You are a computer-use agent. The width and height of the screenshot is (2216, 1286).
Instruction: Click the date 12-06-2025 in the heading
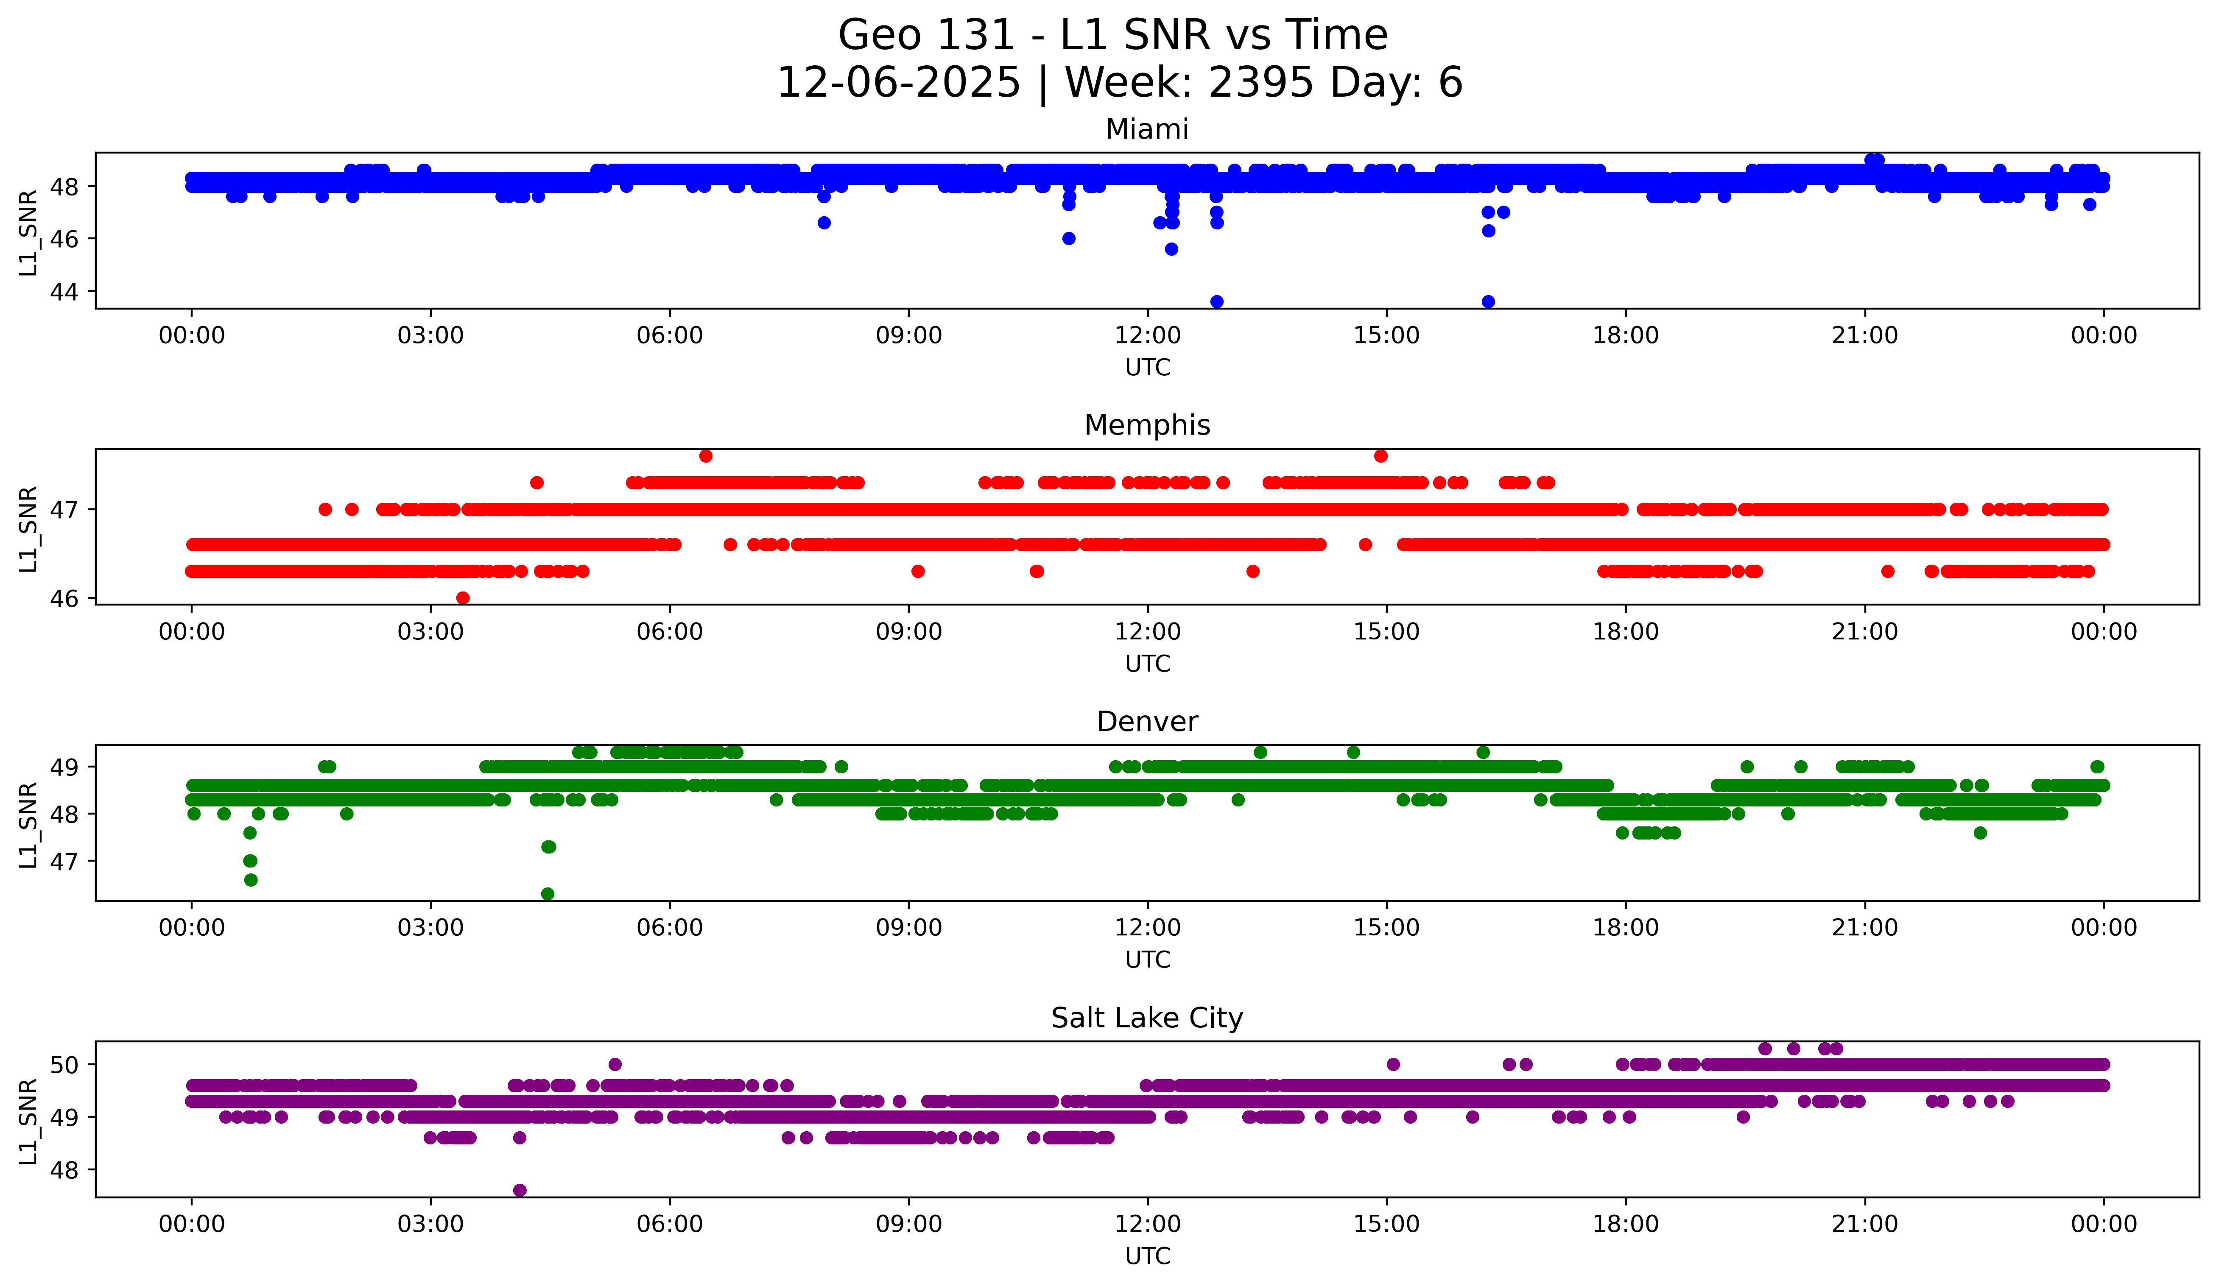(x=899, y=83)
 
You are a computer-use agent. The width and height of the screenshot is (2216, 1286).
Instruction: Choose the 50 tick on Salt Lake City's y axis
(x=63, y=1065)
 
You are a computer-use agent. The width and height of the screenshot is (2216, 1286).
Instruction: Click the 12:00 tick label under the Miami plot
(x=1148, y=336)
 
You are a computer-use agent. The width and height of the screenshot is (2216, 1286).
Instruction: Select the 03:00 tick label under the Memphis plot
(x=431, y=632)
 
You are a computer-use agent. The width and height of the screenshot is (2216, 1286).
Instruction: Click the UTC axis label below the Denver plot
(x=1148, y=960)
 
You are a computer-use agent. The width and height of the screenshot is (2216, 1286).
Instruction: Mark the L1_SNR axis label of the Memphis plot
(x=28, y=529)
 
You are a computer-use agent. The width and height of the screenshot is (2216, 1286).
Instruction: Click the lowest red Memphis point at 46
(x=464, y=598)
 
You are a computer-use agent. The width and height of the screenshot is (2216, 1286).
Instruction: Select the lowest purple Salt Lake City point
(x=520, y=1190)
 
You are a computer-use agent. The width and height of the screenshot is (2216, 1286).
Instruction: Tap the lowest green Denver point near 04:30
(x=548, y=894)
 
